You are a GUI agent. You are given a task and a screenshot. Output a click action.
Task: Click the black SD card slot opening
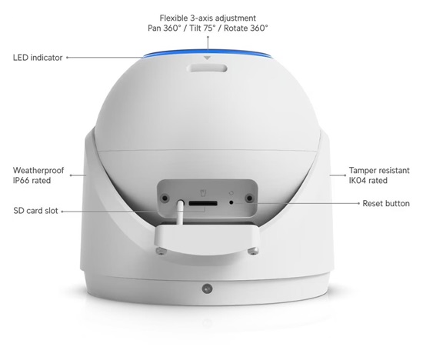point(203,203)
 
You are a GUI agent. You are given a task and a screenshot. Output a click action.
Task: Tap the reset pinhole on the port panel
point(231,202)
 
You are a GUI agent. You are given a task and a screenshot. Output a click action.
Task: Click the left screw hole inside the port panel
point(165,198)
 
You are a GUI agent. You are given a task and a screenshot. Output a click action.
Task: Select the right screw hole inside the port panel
point(249,198)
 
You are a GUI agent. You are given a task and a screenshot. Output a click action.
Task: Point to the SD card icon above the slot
point(203,193)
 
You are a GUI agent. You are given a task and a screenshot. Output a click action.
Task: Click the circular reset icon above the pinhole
point(231,193)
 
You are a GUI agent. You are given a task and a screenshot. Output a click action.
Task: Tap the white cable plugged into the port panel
point(180,212)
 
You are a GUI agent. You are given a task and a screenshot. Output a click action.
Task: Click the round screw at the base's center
point(207,288)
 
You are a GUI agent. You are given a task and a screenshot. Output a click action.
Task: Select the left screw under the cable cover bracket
point(161,252)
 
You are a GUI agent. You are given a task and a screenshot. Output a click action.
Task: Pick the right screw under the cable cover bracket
point(253,252)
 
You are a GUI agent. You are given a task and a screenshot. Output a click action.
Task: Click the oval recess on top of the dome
point(207,68)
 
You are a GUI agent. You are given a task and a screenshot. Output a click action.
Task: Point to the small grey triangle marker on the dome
point(207,58)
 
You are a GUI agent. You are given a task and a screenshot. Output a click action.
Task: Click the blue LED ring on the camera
point(207,53)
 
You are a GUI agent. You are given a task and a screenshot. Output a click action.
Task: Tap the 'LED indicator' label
point(38,58)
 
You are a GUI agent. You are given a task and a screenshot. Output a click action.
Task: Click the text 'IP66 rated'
point(32,180)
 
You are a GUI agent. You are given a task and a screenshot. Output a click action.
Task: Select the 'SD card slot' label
point(35,211)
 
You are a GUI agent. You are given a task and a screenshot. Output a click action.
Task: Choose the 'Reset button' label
point(386,204)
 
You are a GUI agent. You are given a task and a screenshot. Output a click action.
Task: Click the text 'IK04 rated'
point(368,180)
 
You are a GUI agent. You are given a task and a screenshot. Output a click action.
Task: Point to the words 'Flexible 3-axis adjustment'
point(208,18)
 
